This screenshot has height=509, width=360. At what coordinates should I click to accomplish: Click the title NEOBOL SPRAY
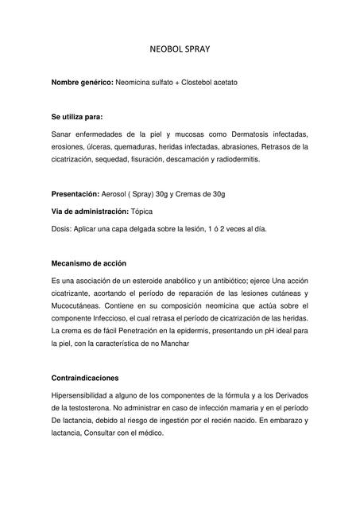180,49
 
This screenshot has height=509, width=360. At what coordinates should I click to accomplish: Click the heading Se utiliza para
77,117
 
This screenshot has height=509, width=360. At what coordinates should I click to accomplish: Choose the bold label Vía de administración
90,211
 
